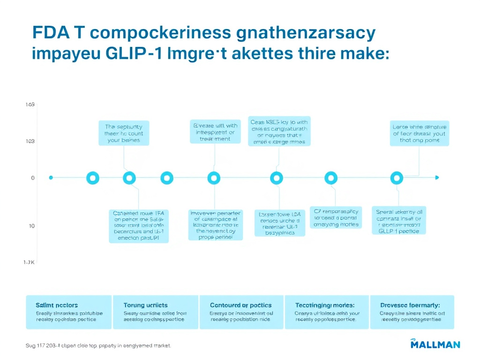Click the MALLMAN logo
click(435, 344)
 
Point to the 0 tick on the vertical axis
click(33, 178)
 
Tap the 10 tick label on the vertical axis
click(32, 226)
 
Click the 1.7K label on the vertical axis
click(30, 262)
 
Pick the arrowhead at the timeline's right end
click(437, 178)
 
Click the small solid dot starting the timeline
click(51, 178)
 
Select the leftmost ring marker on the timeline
click(93, 178)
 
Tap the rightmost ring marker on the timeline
click(397, 178)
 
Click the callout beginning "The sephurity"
click(124, 133)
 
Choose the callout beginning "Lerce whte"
click(420, 133)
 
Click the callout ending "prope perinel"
click(216, 225)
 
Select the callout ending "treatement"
click(215, 132)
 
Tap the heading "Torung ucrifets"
click(145, 305)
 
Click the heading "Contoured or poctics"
click(241, 305)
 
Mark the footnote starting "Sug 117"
click(98, 346)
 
